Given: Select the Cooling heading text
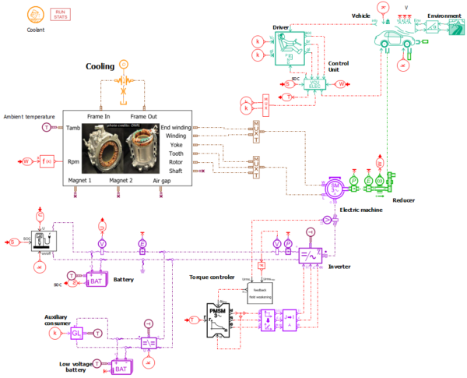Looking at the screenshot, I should click(100, 66).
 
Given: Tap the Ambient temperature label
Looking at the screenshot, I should click(30, 117).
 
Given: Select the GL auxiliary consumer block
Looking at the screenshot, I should click(76, 333).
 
